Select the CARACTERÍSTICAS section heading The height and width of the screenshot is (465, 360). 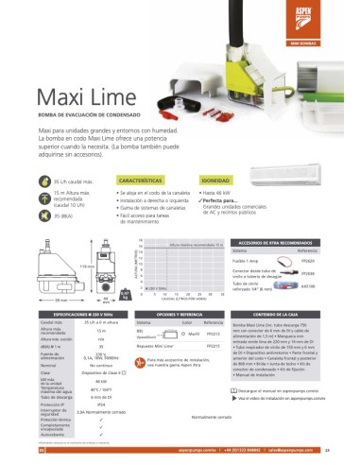(141, 178)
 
